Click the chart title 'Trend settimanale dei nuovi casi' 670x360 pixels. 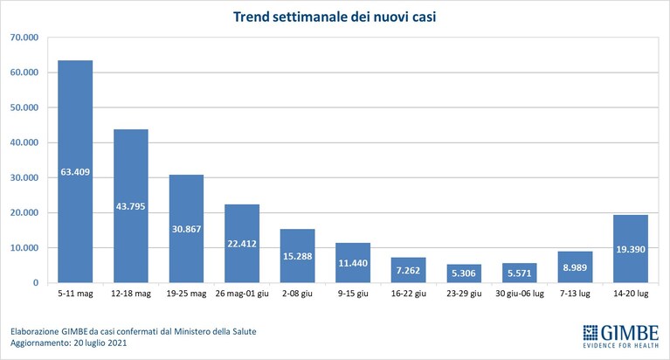pos(335,17)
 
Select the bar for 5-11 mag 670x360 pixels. pos(75,171)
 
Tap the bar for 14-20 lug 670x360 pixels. pos(631,249)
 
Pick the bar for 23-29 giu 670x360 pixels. pos(464,273)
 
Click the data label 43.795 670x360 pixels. pos(131,206)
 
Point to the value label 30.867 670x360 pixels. pos(186,229)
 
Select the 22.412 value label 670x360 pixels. pos(242,244)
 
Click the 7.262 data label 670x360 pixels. pos(409,270)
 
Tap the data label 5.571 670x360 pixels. pos(520,273)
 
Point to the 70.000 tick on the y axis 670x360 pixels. pos(24,38)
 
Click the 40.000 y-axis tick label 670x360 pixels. pos(24,142)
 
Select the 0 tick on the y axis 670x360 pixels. pos(36,282)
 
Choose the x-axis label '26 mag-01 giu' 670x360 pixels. pos(242,294)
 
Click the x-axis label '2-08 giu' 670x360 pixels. pos(297,294)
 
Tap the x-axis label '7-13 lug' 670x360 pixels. pos(575,294)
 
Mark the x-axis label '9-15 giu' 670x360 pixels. pos(353,294)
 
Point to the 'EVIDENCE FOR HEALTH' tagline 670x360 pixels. pos(621,345)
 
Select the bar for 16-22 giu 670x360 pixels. pos(409,270)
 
